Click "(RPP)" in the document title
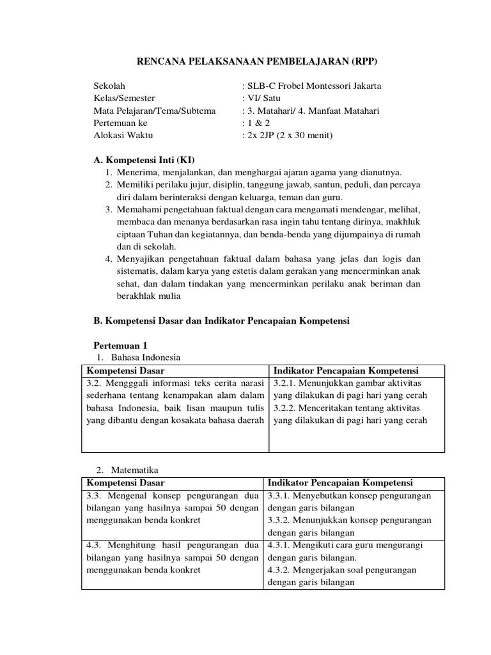362,61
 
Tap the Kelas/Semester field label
125,99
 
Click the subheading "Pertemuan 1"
121,345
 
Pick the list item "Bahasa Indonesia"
146,358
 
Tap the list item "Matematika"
136,470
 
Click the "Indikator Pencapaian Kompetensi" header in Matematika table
340,482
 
